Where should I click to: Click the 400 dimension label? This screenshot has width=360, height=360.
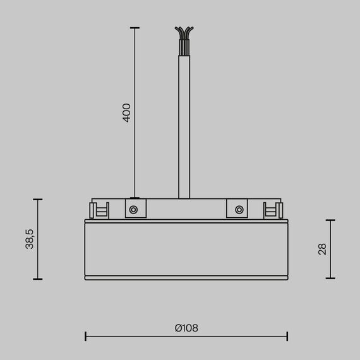(126, 112)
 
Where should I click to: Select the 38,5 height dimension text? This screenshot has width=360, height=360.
(30, 239)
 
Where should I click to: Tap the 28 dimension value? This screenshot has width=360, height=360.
(323, 249)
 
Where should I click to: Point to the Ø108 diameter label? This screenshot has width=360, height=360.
(186, 328)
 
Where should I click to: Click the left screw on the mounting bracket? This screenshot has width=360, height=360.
(134, 209)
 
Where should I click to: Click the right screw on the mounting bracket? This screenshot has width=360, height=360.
(239, 209)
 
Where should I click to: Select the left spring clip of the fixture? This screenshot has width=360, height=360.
(99, 210)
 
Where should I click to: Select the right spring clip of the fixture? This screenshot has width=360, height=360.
(273, 210)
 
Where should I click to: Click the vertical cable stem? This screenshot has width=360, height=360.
(184, 126)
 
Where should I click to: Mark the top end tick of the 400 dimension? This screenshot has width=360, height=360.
(134, 28)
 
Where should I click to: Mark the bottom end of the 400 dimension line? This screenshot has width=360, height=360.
(134, 197)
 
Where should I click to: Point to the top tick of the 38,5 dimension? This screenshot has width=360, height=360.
(38, 200)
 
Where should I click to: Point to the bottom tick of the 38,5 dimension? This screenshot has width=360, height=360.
(38, 279)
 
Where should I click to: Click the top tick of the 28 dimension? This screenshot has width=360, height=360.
(330, 220)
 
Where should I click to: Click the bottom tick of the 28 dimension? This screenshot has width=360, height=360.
(330, 279)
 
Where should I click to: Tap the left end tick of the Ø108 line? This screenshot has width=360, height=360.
(85, 336)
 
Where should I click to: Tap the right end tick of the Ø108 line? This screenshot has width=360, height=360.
(287, 336)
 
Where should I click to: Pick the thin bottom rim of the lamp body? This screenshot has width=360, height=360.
(186, 277)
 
